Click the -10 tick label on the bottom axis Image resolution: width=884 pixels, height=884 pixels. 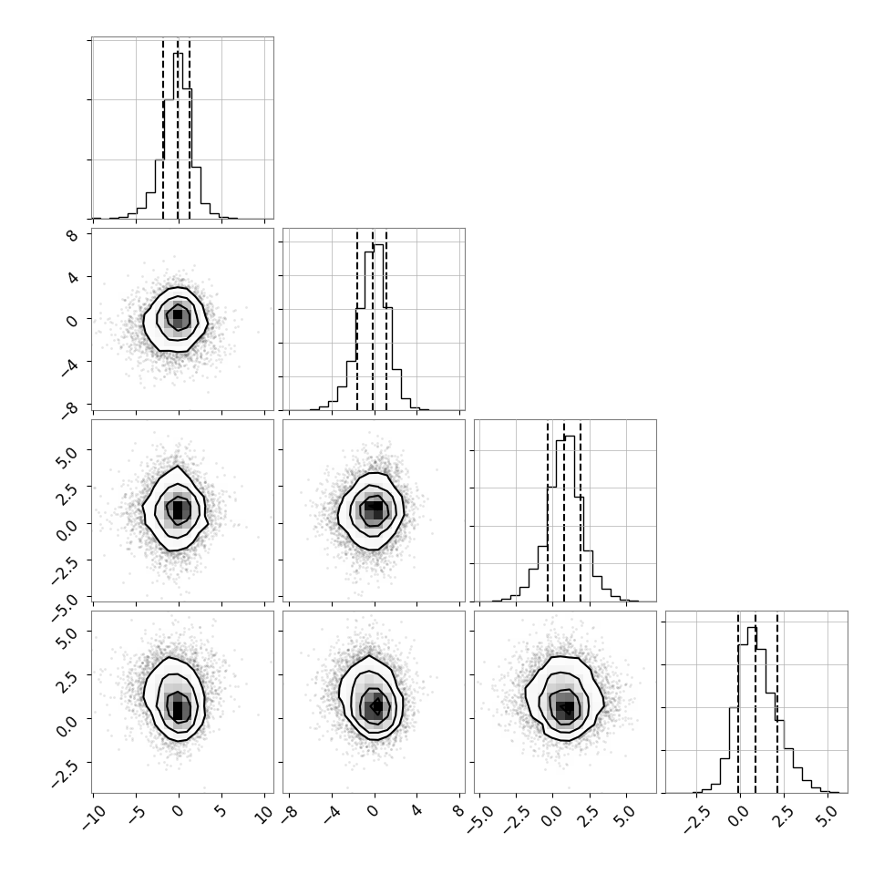94,817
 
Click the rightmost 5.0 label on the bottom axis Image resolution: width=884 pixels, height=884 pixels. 828,816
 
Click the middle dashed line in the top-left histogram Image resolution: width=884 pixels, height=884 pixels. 178,129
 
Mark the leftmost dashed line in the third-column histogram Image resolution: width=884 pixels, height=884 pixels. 548,512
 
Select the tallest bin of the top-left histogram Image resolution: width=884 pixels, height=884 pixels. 178,135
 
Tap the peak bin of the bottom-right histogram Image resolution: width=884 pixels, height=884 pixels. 752,710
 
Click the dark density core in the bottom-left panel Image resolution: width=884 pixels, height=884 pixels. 178,707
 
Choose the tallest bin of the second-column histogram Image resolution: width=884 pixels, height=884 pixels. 378,327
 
